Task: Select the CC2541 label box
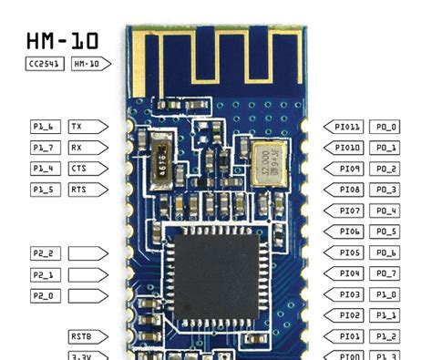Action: pyautogui.click(x=45, y=64)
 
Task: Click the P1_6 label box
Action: pyautogui.click(x=45, y=127)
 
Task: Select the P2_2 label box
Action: pyautogui.click(x=45, y=252)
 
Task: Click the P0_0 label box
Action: pyautogui.click(x=386, y=127)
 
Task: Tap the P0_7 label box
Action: pyautogui.click(x=386, y=273)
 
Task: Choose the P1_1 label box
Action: pyautogui.click(x=386, y=315)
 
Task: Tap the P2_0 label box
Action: pyautogui.click(x=45, y=294)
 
